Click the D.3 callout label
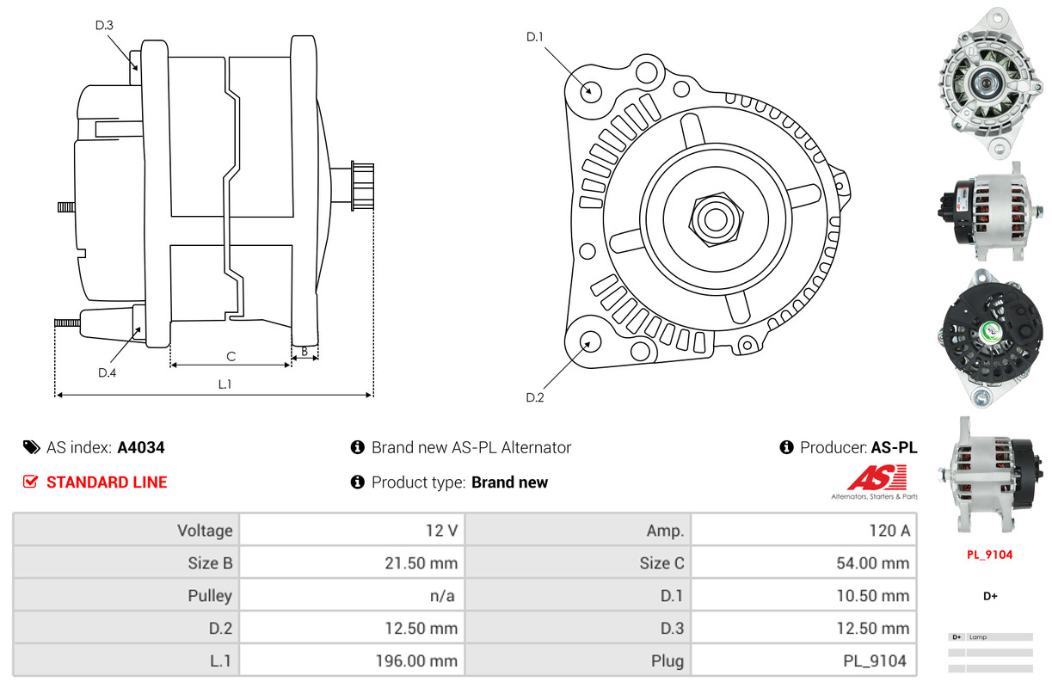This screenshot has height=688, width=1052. point(104,25)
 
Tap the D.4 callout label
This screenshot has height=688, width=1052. point(107,372)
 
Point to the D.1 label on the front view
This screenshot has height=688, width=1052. point(535,37)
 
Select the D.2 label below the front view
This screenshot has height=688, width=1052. point(535,397)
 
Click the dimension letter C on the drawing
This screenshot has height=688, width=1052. point(231,356)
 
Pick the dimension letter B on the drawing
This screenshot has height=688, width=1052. point(305,351)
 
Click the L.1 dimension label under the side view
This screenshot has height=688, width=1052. point(225,384)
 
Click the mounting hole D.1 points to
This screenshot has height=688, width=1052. point(590,90)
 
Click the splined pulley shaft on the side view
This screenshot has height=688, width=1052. point(361,187)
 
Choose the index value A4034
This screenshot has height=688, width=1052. point(141,447)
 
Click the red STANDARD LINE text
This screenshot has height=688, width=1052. point(107,482)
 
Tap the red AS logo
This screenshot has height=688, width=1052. point(877,477)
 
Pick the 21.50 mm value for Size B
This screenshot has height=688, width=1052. point(421,563)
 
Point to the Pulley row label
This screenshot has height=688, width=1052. point(210,596)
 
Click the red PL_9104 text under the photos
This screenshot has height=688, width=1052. point(989,555)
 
